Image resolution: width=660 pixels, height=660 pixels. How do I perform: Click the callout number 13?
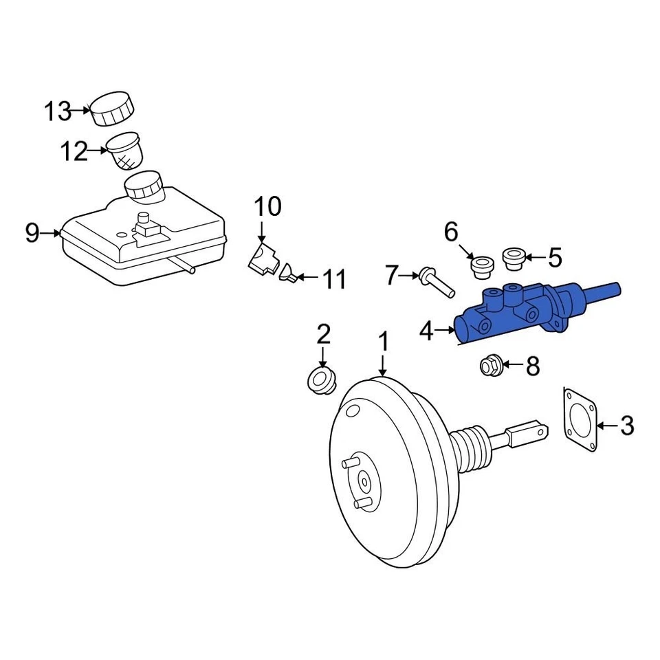(58, 110)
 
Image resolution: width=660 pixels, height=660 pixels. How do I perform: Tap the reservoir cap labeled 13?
(113, 108)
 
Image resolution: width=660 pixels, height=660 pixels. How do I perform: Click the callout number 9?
(32, 234)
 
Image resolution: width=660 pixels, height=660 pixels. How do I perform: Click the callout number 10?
(268, 206)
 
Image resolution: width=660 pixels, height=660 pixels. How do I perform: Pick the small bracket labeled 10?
(263, 259)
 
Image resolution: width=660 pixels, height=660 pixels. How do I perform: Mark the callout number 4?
(427, 332)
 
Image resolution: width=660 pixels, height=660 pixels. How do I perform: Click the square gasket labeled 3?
(581, 420)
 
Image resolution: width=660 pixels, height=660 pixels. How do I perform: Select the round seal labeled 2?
(320, 379)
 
